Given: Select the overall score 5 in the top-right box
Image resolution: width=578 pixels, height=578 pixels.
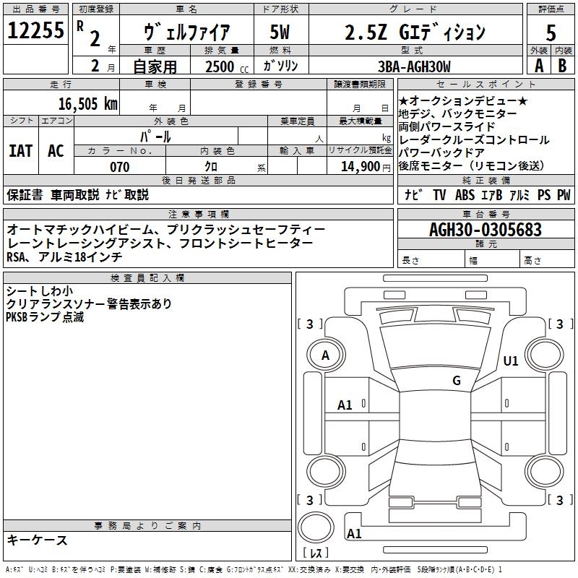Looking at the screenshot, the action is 551,33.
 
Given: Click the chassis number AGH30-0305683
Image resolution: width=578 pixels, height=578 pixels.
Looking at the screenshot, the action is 485,230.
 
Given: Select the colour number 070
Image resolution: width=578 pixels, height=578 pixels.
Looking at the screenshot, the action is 119,167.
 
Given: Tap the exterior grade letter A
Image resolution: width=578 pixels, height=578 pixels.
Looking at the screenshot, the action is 538,66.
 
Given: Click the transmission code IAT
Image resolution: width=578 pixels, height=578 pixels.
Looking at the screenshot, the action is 20,151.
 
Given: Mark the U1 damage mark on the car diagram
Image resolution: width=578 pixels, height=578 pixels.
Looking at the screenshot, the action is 511,361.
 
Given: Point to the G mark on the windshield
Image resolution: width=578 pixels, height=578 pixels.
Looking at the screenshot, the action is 456,381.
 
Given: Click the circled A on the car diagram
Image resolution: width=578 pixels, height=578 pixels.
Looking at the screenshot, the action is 325,355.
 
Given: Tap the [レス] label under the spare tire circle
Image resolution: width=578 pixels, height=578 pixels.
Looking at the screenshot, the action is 316,554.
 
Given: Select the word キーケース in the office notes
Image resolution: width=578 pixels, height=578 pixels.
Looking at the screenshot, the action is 37,540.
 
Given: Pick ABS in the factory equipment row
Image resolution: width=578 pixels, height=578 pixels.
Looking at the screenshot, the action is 466,194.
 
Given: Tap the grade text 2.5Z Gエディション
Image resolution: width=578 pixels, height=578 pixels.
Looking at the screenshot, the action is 415,33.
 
